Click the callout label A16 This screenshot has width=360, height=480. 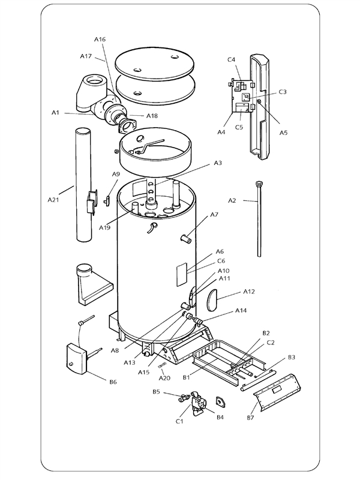(100, 39)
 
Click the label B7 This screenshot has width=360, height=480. (251, 417)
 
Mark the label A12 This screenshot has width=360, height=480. (250, 291)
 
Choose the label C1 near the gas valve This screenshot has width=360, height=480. (179, 421)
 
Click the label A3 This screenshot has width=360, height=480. (218, 163)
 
